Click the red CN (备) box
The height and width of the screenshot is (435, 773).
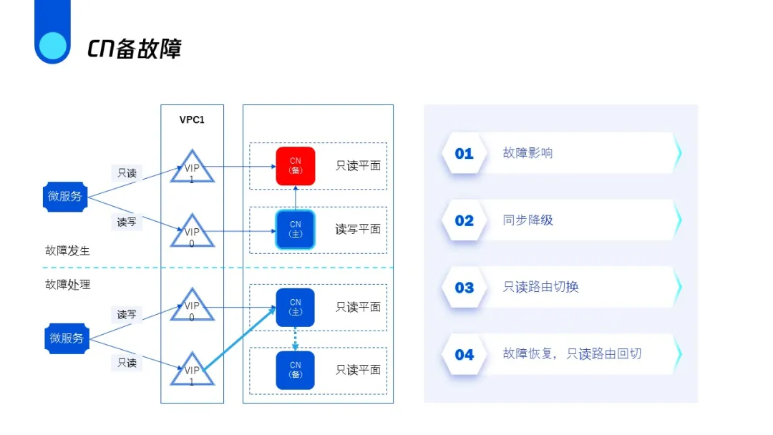(x=296, y=166)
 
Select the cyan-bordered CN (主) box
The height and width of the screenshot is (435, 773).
(x=296, y=229)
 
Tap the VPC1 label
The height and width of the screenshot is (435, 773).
(x=192, y=119)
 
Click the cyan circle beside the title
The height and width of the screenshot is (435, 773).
(x=52, y=47)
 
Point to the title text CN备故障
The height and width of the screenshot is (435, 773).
(x=135, y=49)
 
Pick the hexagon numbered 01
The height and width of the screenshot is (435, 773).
(x=464, y=153)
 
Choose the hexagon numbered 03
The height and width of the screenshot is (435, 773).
(x=464, y=287)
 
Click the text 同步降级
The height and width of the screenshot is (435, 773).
(x=528, y=220)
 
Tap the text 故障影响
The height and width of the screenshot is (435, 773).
(x=528, y=153)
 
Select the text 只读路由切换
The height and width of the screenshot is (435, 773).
(x=541, y=287)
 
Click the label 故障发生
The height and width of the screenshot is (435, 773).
(x=67, y=250)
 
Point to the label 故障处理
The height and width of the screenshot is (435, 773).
(x=67, y=284)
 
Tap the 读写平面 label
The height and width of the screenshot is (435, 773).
(x=358, y=229)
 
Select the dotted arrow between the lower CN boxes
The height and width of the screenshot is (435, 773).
(x=296, y=338)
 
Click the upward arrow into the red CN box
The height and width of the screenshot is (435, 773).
(x=296, y=197)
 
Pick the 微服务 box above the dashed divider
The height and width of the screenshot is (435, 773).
(x=65, y=197)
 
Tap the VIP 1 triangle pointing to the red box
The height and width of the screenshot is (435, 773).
(x=192, y=167)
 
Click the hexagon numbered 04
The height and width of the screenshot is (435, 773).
(x=464, y=354)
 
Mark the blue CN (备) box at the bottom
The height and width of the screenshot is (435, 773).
(x=296, y=370)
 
